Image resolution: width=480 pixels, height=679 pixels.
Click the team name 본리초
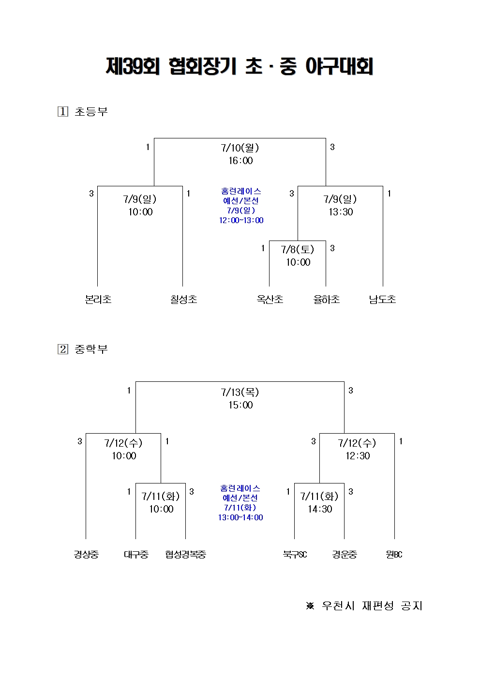click(98, 300)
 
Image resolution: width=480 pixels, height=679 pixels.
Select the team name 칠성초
click(184, 300)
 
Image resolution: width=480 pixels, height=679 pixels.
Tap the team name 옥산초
click(270, 300)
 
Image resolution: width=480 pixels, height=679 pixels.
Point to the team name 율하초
click(327, 300)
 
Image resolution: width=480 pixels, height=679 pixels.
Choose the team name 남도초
click(382, 300)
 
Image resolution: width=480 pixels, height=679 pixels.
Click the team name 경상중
click(86, 555)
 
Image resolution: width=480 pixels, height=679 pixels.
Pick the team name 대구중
click(136, 555)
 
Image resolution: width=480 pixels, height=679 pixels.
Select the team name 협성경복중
click(185, 555)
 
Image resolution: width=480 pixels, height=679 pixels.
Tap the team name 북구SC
click(295, 555)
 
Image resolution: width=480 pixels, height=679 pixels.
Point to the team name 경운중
click(345, 555)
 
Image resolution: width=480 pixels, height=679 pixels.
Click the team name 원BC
click(394, 555)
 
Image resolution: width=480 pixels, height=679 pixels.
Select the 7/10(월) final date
click(240, 148)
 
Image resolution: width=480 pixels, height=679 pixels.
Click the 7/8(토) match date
click(298, 250)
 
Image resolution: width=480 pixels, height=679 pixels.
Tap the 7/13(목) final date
click(240, 392)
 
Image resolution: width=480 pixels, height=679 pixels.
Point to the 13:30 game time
click(341, 212)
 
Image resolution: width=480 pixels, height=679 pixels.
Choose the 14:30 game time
click(320, 509)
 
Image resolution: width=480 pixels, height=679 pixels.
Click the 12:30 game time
click(358, 456)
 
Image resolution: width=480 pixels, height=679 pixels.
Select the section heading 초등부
click(91, 112)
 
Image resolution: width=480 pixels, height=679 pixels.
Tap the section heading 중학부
click(91, 349)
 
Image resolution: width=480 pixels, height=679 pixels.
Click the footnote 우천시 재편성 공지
click(372, 606)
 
